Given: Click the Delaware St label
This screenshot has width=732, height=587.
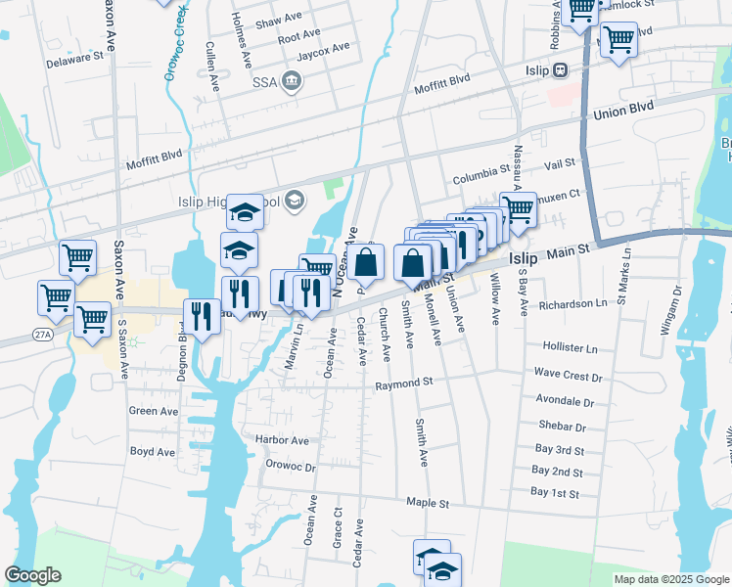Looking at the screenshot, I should tap(75, 58).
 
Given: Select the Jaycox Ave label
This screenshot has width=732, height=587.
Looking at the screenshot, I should tap(323, 48).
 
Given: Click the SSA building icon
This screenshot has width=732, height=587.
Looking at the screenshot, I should tap(291, 80).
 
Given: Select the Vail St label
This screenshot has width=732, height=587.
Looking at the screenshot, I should tap(560, 165).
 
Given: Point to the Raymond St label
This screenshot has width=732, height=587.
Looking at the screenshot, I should tap(404, 384).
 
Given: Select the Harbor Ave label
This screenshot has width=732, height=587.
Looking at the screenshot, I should tap(282, 441).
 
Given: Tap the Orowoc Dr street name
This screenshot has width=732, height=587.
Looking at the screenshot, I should tap(291, 467).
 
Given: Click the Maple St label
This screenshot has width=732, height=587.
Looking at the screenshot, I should tap(429, 503).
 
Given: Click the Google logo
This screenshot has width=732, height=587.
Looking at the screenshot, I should tap(32, 575).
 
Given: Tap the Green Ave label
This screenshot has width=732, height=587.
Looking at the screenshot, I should tap(153, 411).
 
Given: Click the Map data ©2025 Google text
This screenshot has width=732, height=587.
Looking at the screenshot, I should tap(670, 579).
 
